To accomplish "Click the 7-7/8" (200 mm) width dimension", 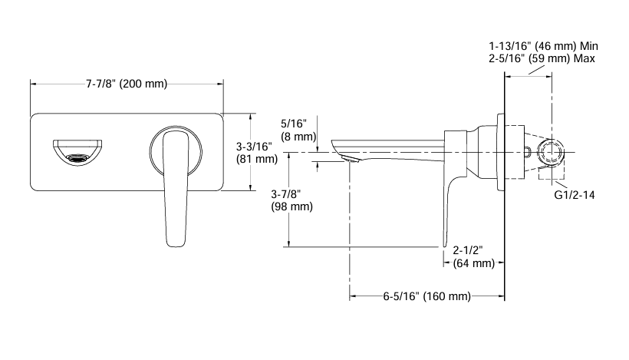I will tap(126, 84).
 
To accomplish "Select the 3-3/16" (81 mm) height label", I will tap(255, 153).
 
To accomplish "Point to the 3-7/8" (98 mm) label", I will tap(292, 200).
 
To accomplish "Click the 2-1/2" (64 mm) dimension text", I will tap(473, 257).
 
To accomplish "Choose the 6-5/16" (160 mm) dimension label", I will tap(426, 296).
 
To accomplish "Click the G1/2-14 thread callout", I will tap(575, 195).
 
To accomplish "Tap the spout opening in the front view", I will tap(76, 151).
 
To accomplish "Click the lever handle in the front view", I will tap(177, 184).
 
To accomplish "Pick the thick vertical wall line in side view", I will tap(504, 192).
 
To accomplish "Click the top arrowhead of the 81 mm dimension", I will tap(251, 117).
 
